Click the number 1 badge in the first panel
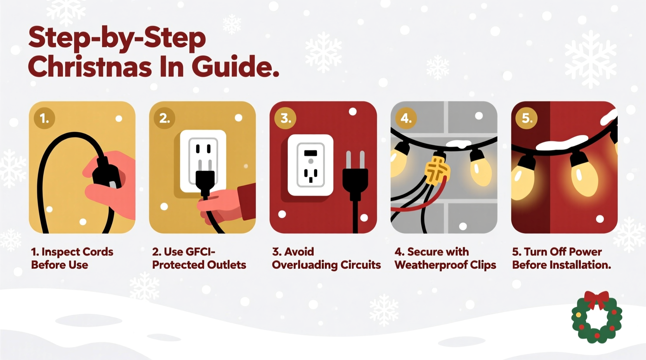(x=44, y=118)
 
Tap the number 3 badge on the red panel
(x=285, y=118)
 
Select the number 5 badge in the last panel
(x=526, y=118)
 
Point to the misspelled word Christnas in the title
(x=90, y=67)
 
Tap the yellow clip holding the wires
(x=437, y=171)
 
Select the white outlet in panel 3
(x=310, y=165)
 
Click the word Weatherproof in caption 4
(x=431, y=265)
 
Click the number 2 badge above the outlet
(x=165, y=118)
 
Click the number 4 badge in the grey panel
(x=406, y=118)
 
